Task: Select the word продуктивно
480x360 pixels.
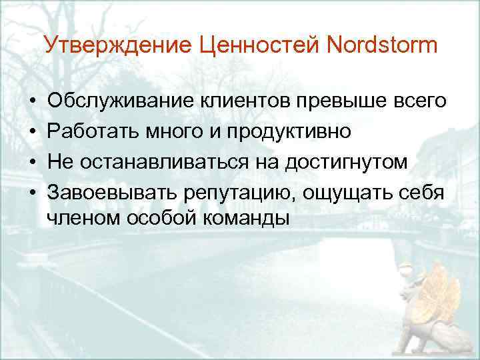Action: (290, 131)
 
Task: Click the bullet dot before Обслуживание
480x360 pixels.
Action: (32, 101)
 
